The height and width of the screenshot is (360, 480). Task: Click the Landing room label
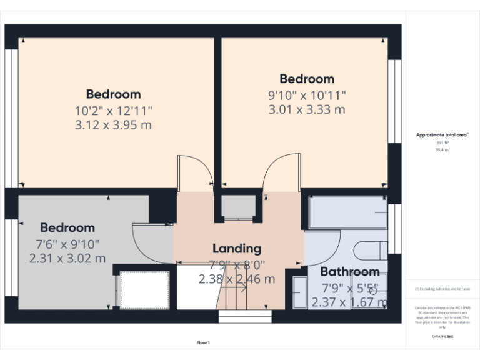pos(236,249)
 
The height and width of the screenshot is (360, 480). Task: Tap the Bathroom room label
pos(349,272)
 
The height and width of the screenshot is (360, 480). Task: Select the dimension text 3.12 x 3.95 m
pos(114,125)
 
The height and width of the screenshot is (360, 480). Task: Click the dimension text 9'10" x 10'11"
pos(307,95)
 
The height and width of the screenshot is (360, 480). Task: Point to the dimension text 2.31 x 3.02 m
pos(67,258)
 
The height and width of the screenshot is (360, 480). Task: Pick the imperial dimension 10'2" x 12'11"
pos(114,110)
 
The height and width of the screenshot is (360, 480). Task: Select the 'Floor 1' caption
pos(203,342)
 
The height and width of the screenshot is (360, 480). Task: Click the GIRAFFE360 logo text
pos(442,336)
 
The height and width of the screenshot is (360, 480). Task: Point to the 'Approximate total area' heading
pos(442,135)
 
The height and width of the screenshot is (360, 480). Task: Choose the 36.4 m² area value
pos(442,150)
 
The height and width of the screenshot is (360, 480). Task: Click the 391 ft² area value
pos(442,143)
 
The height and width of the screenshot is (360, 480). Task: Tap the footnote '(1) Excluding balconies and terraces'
pos(442,289)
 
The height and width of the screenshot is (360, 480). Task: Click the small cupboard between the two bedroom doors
pos(239,207)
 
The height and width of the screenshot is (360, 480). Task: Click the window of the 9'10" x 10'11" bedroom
pos(395,101)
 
